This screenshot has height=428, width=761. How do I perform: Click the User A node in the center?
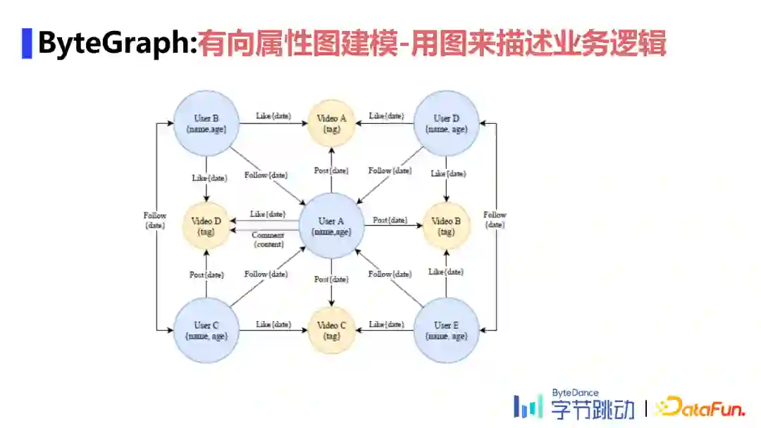(x=331, y=226)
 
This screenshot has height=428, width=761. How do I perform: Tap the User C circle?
(x=206, y=330)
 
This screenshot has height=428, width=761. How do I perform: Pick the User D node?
(x=446, y=123)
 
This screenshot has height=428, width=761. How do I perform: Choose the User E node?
(x=446, y=330)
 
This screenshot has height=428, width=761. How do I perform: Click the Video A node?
(x=331, y=123)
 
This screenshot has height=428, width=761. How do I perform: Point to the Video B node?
(x=446, y=226)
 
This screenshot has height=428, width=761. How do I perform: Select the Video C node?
(x=331, y=330)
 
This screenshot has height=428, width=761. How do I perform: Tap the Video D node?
(x=206, y=226)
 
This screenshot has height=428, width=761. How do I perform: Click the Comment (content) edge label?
(x=268, y=239)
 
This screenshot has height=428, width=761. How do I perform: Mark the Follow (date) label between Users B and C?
(x=154, y=220)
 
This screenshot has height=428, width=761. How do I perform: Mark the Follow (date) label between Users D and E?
(x=495, y=220)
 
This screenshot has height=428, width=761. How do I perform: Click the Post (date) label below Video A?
(x=331, y=171)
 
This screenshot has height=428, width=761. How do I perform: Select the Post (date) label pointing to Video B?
(x=390, y=220)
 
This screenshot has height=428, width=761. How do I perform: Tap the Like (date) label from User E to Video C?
(x=386, y=325)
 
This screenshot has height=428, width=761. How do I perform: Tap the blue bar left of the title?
(x=27, y=44)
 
